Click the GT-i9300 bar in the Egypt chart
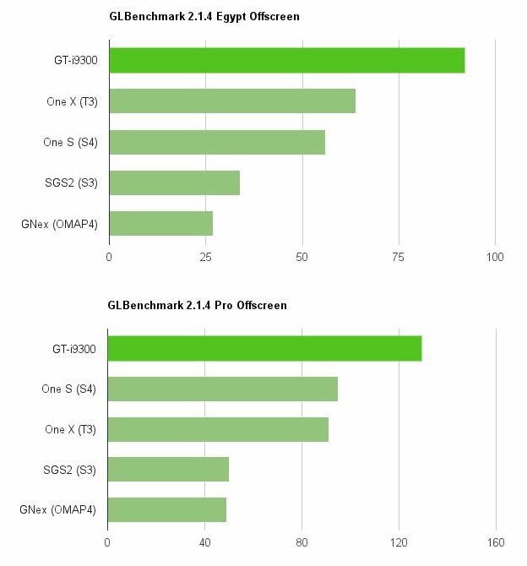coord(287,61)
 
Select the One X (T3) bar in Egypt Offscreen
coord(232,101)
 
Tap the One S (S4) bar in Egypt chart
coord(217,142)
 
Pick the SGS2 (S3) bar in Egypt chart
coord(175,182)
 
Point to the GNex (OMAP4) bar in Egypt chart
coord(161,223)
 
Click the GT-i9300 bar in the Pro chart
coord(264,348)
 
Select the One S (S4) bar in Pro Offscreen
coord(223,389)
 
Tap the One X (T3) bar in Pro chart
coord(218,429)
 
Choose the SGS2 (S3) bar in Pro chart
coord(168,470)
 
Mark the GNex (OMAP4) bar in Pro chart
coord(167,510)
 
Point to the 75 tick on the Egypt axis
coord(399,257)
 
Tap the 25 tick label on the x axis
coord(206,257)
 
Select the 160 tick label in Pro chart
coord(496,543)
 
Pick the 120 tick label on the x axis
coord(399,543)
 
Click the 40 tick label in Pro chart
coord(205,543)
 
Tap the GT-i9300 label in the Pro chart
coord(73,348)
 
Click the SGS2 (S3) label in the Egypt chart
coord(72,182)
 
